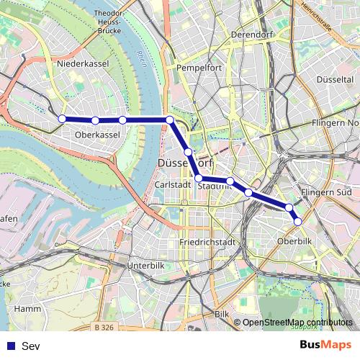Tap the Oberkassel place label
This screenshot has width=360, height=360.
(96, 134)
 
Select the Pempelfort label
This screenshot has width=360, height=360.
(198, 68)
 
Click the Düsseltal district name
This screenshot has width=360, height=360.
(334, 78)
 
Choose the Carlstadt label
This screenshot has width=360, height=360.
(173, 184)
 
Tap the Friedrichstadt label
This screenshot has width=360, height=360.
(208, 242)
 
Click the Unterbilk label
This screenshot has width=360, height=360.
(146, 266)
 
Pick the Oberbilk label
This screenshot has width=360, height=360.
(294, 241)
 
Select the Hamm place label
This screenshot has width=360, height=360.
(27, 308)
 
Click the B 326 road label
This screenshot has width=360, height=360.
(105, 328)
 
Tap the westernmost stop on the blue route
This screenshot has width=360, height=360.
(62, 119)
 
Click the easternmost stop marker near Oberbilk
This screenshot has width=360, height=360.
(298, 221)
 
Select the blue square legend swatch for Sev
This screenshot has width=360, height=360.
(10, 346)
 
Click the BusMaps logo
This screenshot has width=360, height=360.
(325, 345)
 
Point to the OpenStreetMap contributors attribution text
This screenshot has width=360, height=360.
(297, 323)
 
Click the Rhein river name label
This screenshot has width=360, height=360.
(141, 58)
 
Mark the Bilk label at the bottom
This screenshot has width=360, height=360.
(222, 315)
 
